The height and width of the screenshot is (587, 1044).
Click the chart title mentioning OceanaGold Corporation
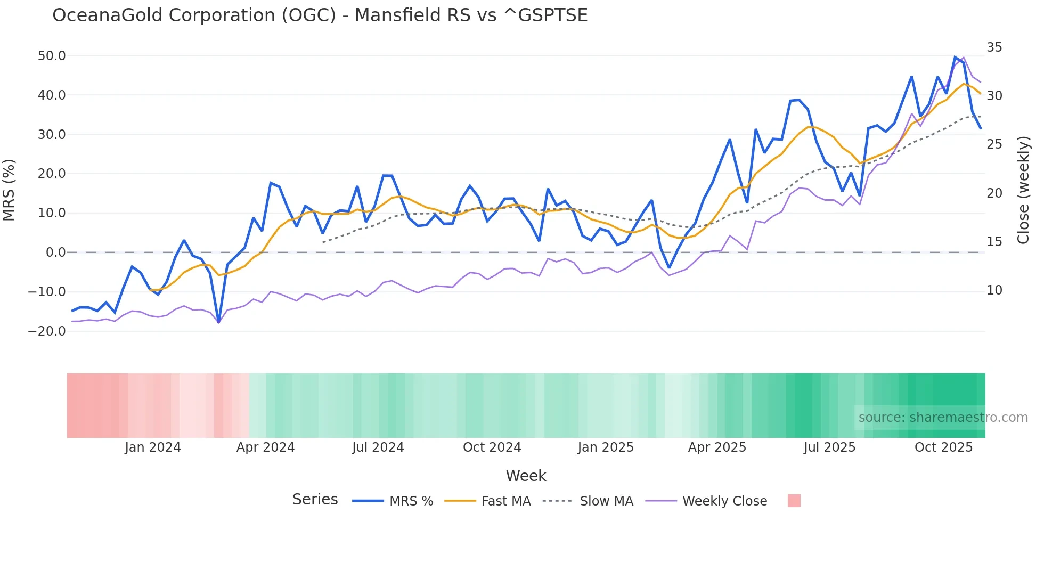(x=320, y=15)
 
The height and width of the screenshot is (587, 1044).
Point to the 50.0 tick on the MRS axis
(x=51, y=56)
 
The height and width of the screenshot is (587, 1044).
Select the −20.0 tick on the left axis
(x=47, y=331)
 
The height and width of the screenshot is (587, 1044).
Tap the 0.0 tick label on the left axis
(x=55, y=252)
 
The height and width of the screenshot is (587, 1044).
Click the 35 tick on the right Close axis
(x=994, y=47)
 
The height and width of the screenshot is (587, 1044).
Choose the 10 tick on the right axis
(x=994, y=290)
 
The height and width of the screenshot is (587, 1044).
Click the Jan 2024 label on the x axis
(x=152, y=447)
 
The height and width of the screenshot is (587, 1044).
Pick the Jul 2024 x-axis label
(x=378, y=447)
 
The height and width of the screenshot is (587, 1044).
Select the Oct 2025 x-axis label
(x=943, y=447)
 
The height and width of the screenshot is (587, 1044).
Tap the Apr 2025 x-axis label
(x=717, y=447)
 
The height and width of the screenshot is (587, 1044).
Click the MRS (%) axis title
(x=9, y=190)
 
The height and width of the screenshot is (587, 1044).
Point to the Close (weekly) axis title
(x=1023, y=190)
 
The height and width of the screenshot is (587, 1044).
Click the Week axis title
(x=526, y=476)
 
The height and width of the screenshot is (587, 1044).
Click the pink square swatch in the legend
(x=794, y=501)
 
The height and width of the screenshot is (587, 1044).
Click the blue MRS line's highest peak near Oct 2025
(x=955, y=57)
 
